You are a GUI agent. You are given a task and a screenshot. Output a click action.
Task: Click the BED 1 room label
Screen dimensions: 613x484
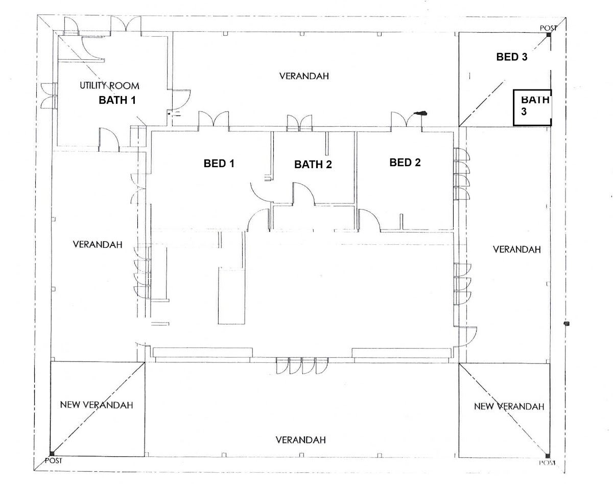coord(219,164)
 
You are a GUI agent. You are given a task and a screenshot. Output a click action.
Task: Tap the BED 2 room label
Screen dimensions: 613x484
coord(405,163)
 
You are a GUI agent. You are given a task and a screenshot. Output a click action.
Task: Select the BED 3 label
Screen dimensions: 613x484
coord(511,57)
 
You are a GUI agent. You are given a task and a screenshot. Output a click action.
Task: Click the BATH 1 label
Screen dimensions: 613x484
coord(117,100)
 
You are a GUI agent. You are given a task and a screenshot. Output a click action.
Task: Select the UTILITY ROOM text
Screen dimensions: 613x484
coord(109,86)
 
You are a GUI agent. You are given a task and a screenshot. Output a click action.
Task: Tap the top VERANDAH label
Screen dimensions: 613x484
coord(304,76)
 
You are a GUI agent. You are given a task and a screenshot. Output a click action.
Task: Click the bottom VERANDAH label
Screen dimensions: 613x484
coord(300,440)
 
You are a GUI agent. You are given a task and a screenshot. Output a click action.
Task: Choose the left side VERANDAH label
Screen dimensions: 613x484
coord(98,244)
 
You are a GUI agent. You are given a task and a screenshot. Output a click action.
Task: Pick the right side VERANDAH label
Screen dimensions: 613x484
coord(516,249)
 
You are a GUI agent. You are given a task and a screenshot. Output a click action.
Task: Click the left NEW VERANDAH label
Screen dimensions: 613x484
coord(97,405)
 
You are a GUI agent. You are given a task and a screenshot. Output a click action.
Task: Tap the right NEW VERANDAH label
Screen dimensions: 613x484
coord(508,406)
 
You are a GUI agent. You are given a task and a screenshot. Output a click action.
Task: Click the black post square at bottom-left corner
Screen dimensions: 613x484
coord(52,453)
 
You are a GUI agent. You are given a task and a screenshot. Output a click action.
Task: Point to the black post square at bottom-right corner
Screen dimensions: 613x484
coord(548,456)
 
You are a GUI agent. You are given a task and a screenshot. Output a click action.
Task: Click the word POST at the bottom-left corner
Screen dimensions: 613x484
coord(53,460)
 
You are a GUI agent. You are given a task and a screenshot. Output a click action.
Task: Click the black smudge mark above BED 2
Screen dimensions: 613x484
coord(420,113)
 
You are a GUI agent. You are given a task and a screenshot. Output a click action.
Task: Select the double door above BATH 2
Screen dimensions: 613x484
coord(299,123)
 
